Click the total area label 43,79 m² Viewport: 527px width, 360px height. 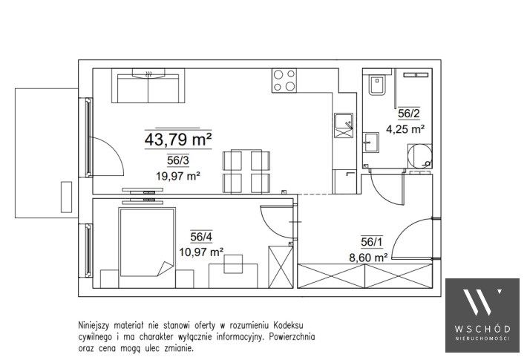(x=178, y=140)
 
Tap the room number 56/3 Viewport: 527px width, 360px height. (x=178, y=160)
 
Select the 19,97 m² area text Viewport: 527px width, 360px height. (x=178, y=175)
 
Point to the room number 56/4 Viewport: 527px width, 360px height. (x=201, y=237)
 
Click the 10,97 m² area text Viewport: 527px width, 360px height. (x=201, y=252)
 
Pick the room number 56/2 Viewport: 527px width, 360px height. (x=409, y=114)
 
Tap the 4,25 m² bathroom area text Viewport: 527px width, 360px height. (x=405, y=129)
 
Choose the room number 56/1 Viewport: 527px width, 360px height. (x=372, y=242)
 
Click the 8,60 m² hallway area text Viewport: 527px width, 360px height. (x=369, y=258)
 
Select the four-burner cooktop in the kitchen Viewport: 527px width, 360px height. (x=284, y=81)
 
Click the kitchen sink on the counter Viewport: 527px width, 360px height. (x=344, y=125)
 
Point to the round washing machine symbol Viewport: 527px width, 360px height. (x=420, y=157)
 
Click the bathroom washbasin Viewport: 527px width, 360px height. (x=370, y=143)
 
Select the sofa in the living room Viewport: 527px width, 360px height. (x=148, y=86)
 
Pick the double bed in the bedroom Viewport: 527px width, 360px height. (x=147, y=243)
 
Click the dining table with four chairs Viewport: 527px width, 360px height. (x=246, y=171)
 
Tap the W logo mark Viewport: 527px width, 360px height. (x=482, y=302)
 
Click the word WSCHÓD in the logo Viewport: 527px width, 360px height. (x=482, y=329)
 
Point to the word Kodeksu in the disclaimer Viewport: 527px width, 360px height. (x=288, y=325)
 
